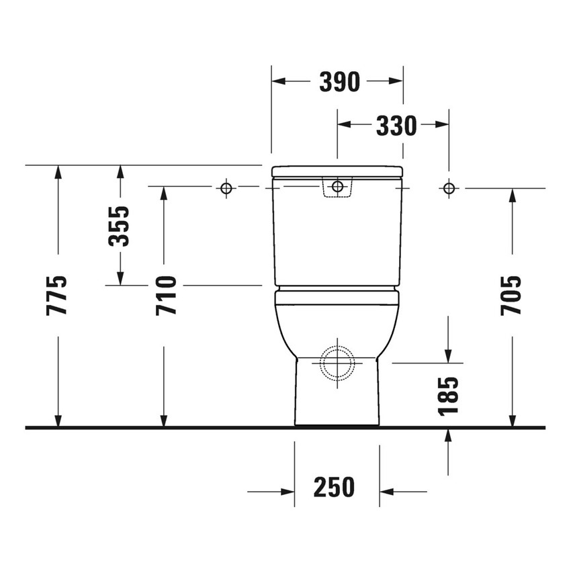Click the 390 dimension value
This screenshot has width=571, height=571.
pos(339,82)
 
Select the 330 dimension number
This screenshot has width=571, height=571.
pos(396,125)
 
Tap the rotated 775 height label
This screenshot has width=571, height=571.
pos(58,295)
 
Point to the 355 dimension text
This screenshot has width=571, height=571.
pos(120,226)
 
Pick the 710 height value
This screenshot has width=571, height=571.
pos(165,295)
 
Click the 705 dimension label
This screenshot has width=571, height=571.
pos(512,295)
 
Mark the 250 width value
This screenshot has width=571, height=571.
pos(334,488)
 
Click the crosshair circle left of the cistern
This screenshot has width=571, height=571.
pos(226,187)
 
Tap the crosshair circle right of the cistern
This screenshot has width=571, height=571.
pos(449,187)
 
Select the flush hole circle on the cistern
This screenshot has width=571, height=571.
pos(337,186)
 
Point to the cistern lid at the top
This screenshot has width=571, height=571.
pos(337,171)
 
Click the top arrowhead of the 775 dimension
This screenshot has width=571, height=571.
pos(58,171)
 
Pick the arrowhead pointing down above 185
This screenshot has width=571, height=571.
pos(448,356)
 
